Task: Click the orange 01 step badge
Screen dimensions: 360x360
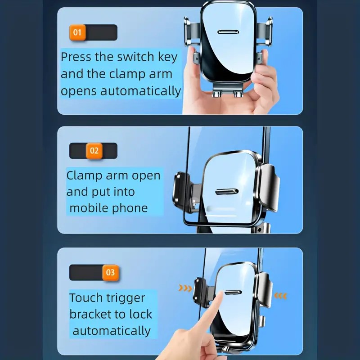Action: click(77, 32)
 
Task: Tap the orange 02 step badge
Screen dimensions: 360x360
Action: click(94, 151)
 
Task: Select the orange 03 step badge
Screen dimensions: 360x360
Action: click(110, 273)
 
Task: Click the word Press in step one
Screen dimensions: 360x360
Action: click(76, 57)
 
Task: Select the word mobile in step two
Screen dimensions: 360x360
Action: click(89, 208)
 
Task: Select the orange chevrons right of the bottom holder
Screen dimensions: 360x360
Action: click(280, 296)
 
